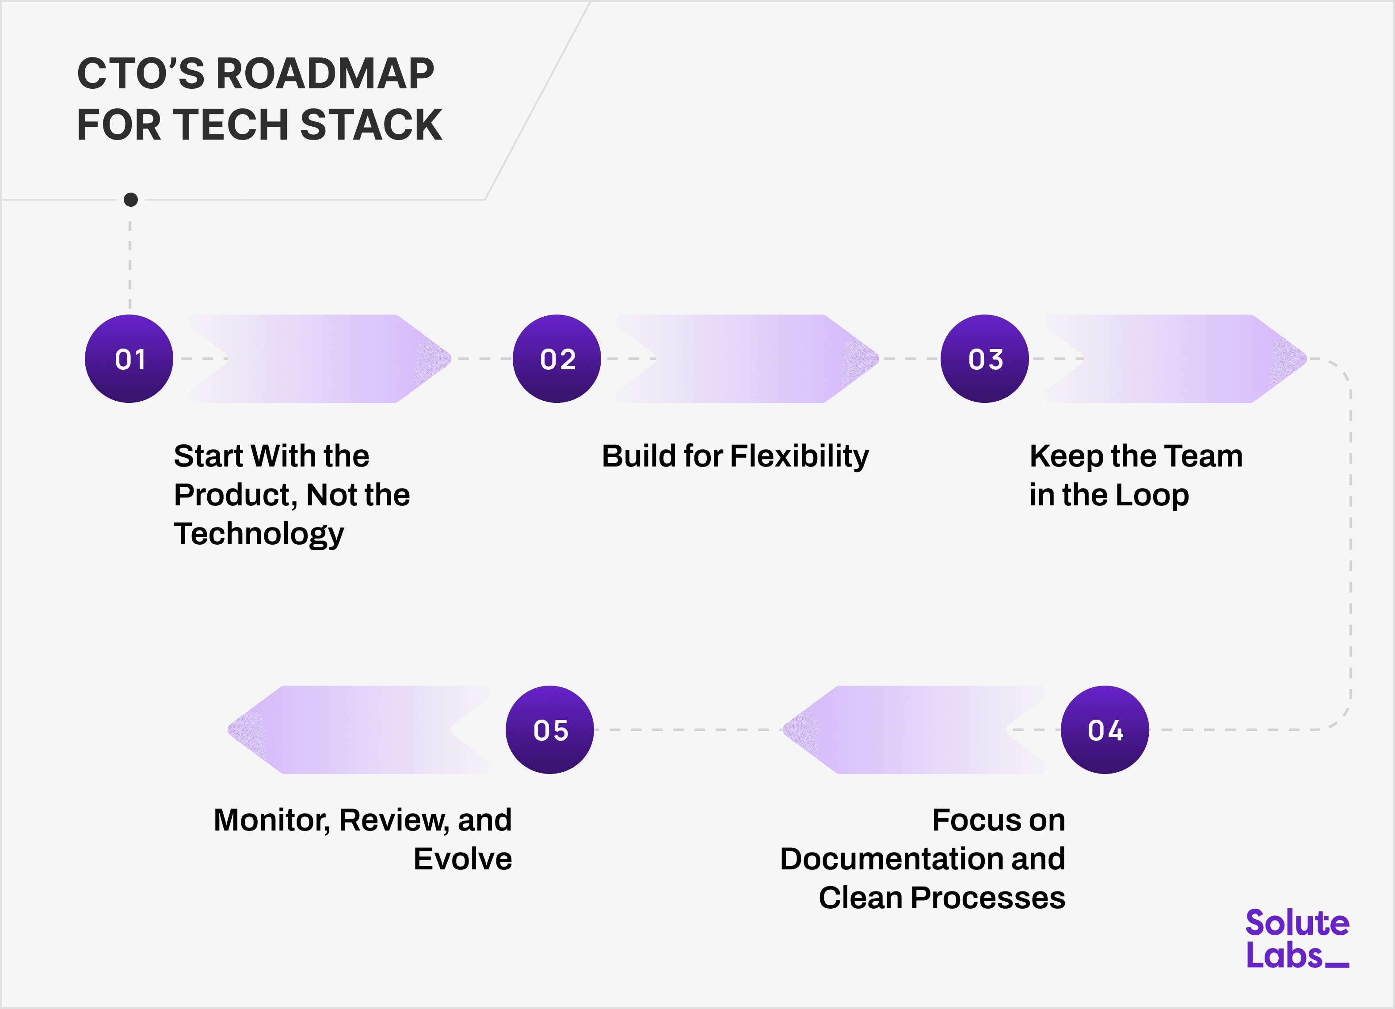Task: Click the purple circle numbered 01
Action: click(x=129, y=359)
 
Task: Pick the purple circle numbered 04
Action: click(x=1105, y=730)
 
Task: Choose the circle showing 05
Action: click(x=550, y=730)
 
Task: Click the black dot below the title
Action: click(x=130, y=200)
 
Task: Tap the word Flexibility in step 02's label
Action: click(x=799, y=456)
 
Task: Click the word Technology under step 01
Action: click(x=258, y=534)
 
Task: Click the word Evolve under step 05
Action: click(x=462, y=859)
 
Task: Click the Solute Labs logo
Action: click(x=1296, y=939)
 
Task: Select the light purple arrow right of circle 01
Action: click(x=320, y=359)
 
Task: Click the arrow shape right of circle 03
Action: click(x=1175, y=359)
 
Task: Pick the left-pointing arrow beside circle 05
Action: click(x=360, y=730)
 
